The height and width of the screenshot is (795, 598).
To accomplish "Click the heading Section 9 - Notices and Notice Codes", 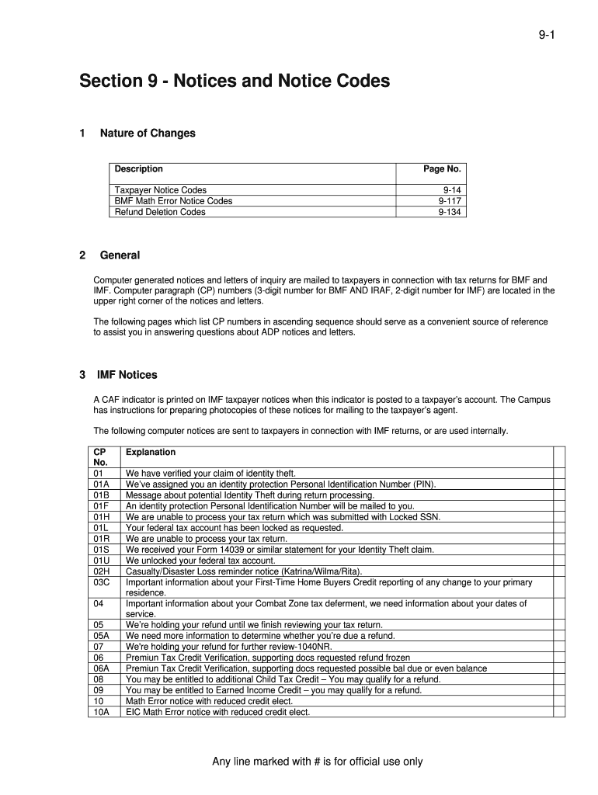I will pyautogui.click(x=234, y=82).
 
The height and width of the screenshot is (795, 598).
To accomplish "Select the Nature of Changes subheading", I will pyautogui.click(x=148, y=134).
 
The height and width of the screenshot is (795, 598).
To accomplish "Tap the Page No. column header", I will pyautogui.click(x=442, y=169).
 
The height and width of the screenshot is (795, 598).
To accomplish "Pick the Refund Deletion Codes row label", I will pyautogui.click(x=160, y=212).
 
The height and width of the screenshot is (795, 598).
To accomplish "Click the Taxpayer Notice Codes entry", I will pyautogui.click(x=161, y=190).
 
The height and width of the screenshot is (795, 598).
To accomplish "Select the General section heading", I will pyautogui.click(x=120, y=255).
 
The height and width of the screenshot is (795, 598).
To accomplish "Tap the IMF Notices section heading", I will pyautogui.click(x=127, y=375).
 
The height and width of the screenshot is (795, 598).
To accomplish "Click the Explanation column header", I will pyautogui.click(x=151, y=453).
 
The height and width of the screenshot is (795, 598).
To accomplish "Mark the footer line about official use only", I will pyautogui.click(x=318, y=762).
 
